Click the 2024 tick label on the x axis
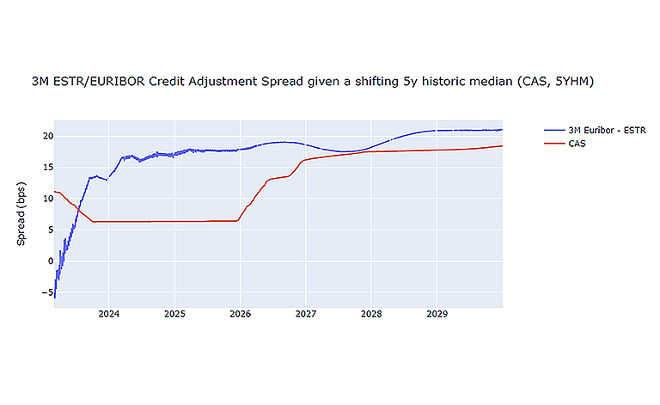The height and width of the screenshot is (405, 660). point(108,315)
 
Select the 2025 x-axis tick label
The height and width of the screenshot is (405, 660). point(174,315)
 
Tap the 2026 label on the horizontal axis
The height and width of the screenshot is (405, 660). point(240,315)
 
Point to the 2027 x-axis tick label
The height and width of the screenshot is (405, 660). point(306,315)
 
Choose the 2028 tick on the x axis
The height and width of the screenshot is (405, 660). point(371,315)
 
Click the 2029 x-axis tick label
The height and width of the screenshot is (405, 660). point(437,315)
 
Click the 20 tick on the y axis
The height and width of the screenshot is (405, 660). point(48,136)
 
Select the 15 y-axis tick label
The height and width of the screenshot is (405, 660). point(48,167)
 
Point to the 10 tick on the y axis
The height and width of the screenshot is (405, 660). point(48,199)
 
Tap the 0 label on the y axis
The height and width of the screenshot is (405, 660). point(50,261)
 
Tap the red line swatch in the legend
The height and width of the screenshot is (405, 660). point(553,143)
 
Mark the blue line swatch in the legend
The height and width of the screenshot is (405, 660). point(553,130)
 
